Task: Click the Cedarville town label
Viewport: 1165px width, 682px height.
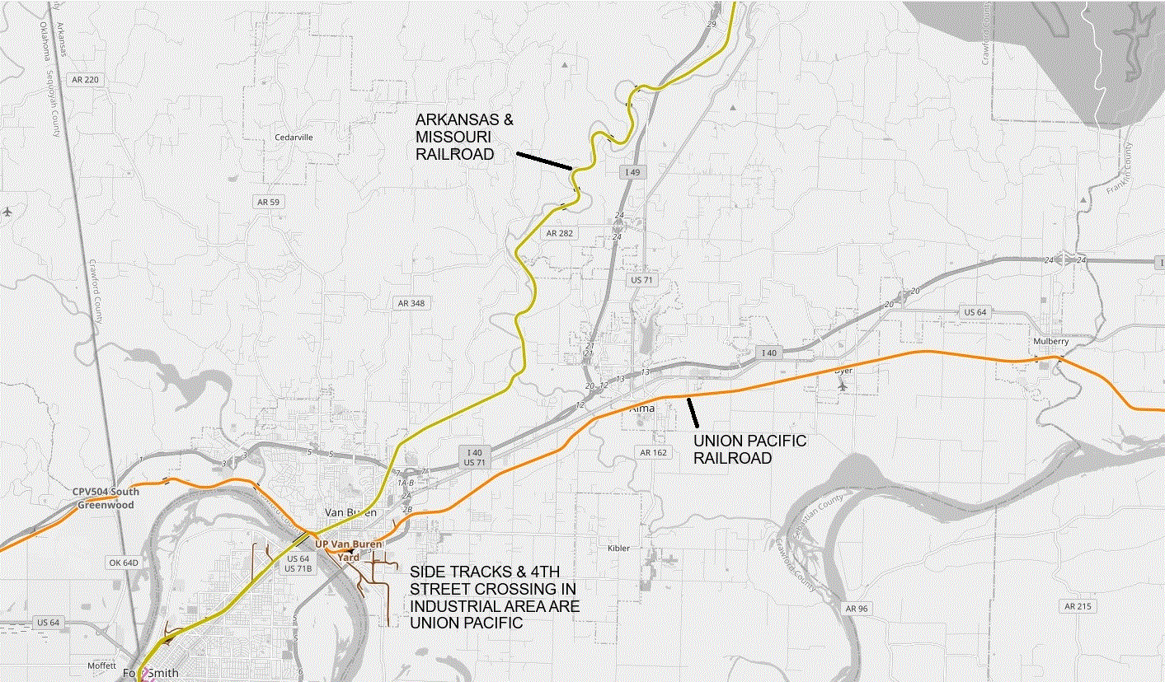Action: (293, 138)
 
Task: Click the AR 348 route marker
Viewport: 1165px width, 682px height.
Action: (411, 303)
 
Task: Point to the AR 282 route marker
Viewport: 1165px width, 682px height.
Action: (558, 233)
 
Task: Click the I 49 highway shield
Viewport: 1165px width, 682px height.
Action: (632, 170)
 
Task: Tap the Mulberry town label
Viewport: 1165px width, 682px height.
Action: (1050, 341)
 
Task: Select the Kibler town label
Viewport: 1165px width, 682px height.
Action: (618, 548)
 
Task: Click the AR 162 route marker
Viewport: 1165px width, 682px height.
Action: (653, 452)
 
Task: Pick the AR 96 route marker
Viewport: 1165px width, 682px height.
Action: (857, 608)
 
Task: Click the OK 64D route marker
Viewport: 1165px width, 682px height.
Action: (124, 563)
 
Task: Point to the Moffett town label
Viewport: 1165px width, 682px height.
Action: (103, 666)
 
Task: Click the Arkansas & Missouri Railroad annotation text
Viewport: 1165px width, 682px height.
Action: (464, 137)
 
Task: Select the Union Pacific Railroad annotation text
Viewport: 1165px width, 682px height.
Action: (749, 449)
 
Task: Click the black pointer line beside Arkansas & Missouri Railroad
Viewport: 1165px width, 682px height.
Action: (544, 161)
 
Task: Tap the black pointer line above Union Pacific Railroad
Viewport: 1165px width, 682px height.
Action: (693, 413)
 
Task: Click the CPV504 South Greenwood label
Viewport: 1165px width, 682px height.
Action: (106, 498)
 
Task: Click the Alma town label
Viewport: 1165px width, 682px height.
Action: (642, 408)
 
